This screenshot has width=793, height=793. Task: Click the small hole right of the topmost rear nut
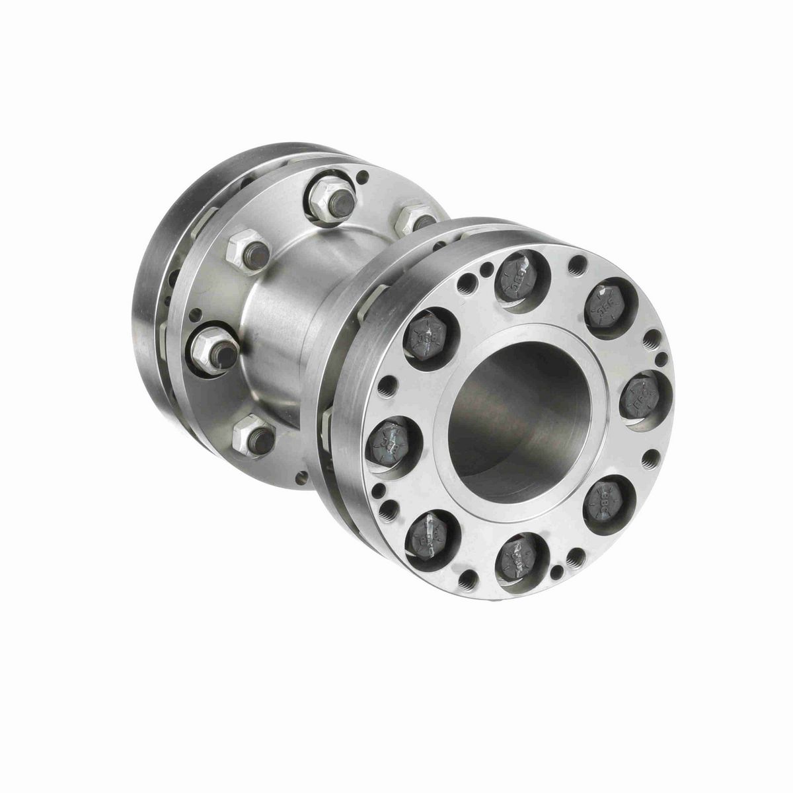(x=362, y=177)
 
